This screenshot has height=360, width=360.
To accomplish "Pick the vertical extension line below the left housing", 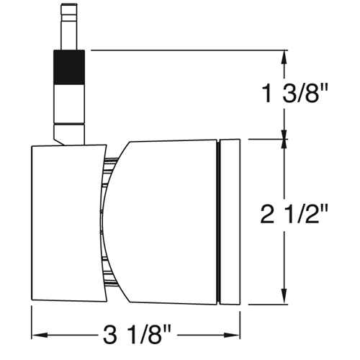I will click(32, 320).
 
